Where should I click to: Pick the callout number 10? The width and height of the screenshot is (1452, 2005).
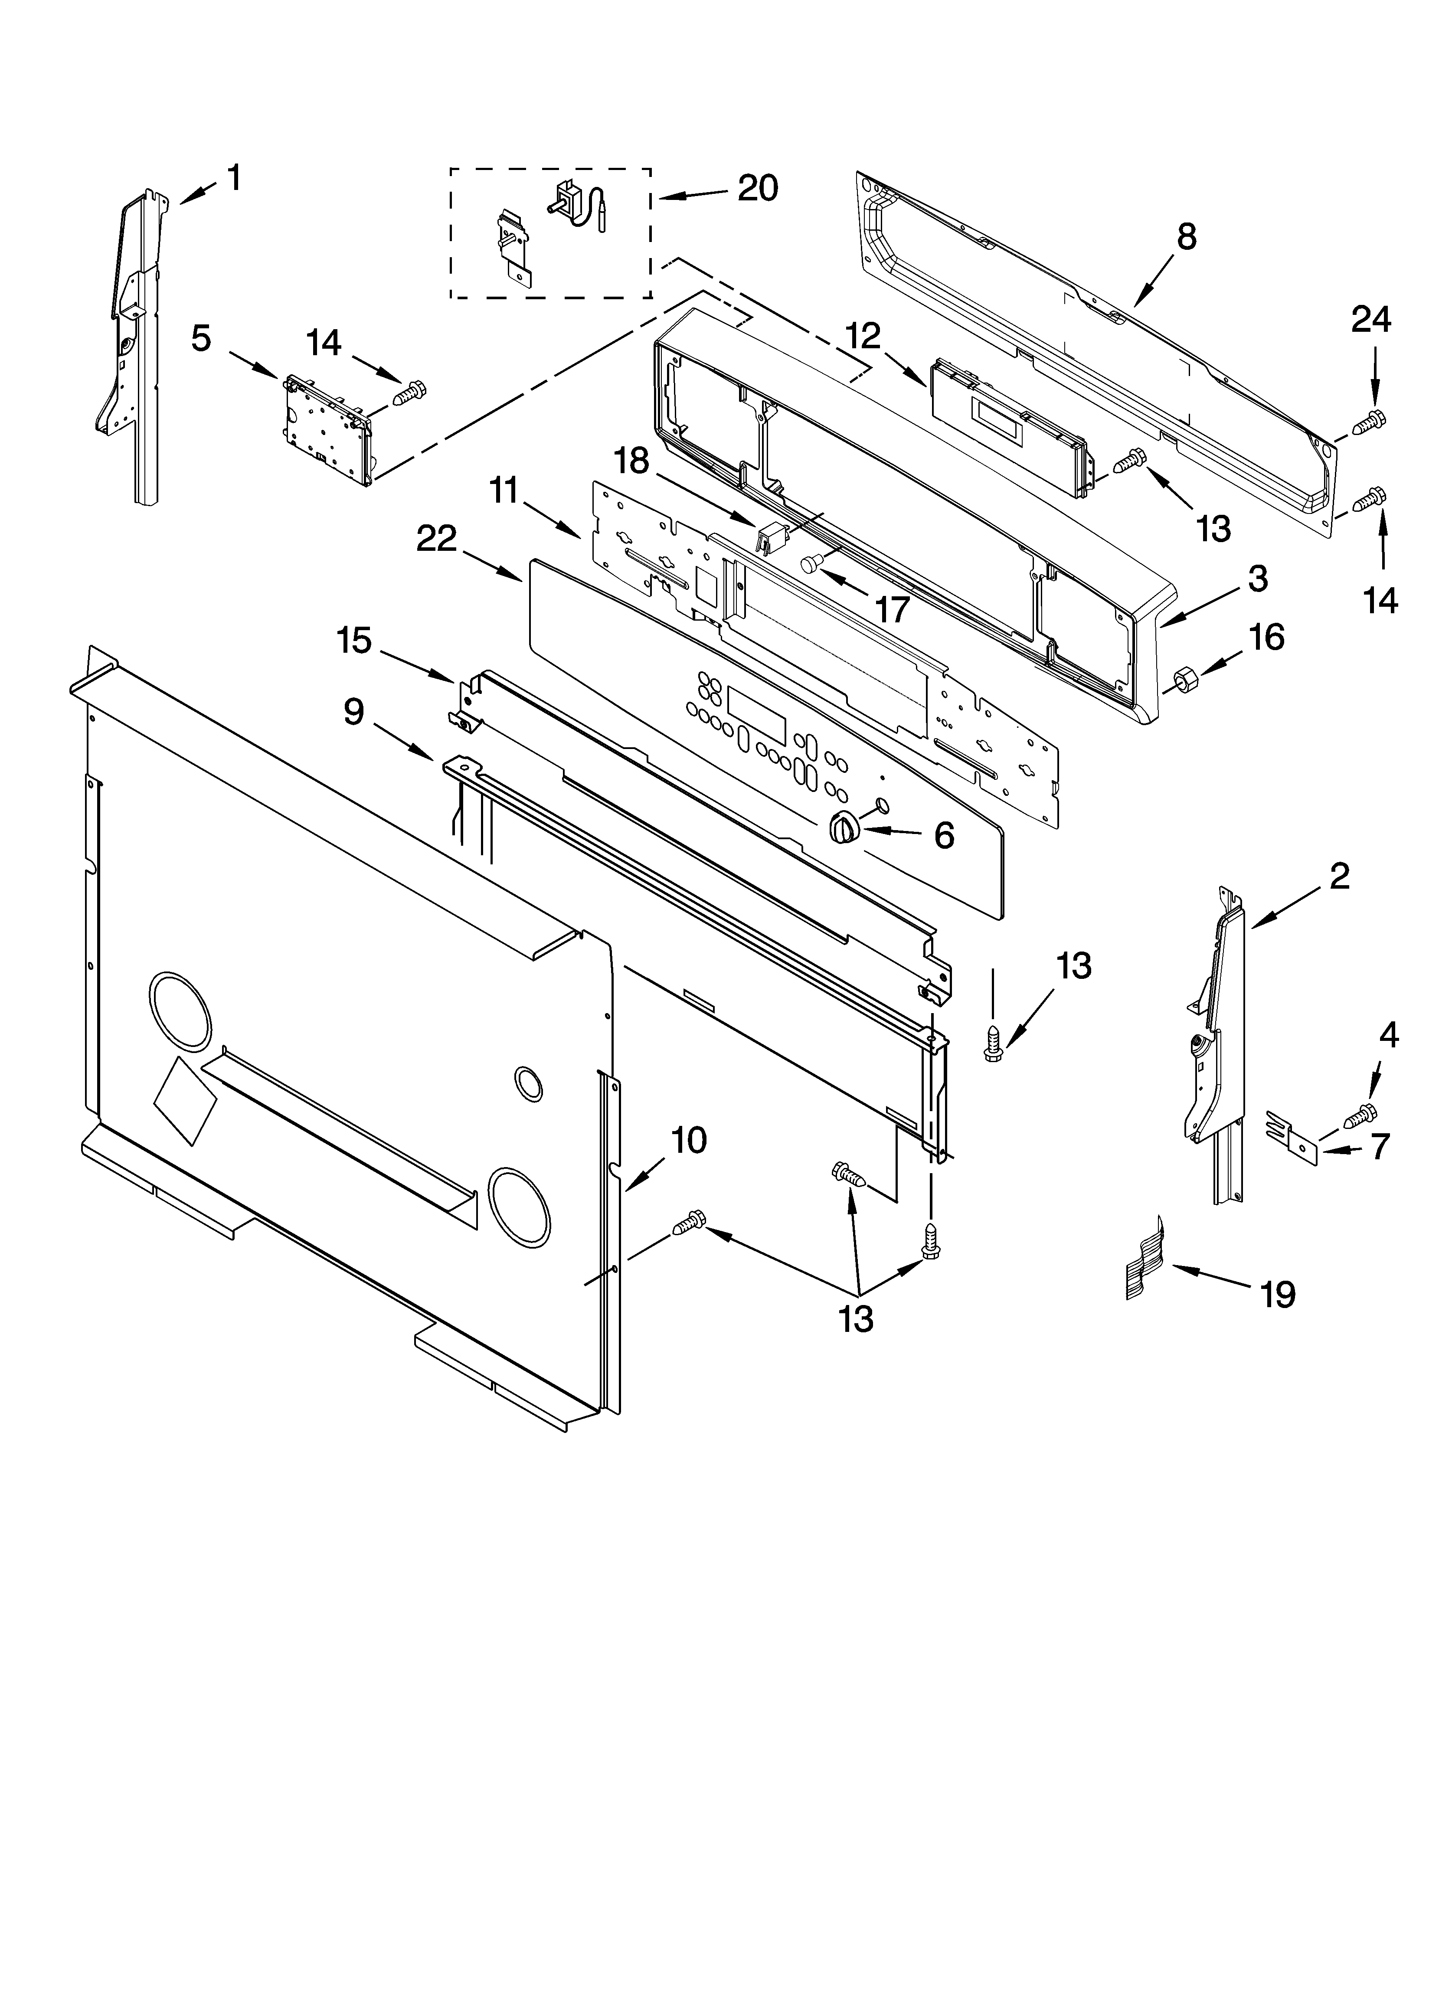pos(688,1140)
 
